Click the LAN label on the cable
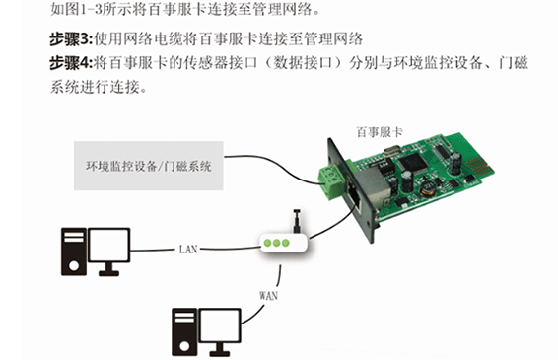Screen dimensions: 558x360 point(188,249)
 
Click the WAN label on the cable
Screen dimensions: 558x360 point(269,295)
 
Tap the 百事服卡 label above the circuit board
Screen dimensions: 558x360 point(380,132)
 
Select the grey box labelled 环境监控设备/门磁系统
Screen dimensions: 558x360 point(149,166)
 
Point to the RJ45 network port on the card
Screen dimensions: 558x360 point(355,194)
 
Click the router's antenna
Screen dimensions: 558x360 point(297,221)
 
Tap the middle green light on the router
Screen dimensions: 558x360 point(277,243)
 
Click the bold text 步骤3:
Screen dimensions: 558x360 point(71,39)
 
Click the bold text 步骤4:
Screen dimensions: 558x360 point(71,63)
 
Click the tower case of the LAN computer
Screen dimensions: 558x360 point(74,252)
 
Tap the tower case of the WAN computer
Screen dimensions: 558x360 point(184,332)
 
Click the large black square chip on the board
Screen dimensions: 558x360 point(413,163)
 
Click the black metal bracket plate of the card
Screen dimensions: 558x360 point(352,189)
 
